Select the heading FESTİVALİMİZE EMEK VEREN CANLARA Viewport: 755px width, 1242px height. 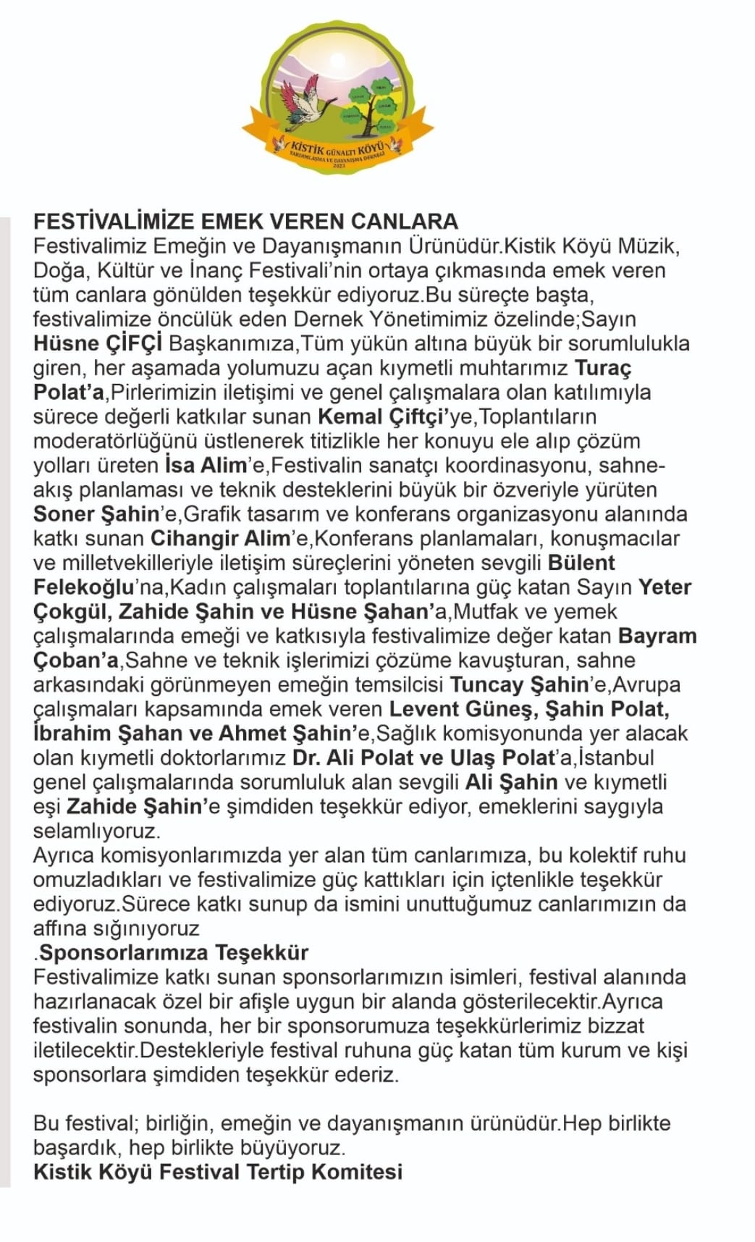click(x=245, y=221)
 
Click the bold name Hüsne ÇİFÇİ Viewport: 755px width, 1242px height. click(x=98, y=343)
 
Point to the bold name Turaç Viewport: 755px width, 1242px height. click(x=602, y=368)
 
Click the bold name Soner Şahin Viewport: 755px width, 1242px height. click(x=96, y=514)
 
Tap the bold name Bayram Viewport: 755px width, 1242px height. click(x=657, y=637)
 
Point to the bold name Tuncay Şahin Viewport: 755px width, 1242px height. click(x=519, y=685)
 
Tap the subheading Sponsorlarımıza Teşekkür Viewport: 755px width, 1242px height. click(x=174, y=952)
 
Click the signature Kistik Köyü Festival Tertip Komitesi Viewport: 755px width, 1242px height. click(x=218, y=1172)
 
